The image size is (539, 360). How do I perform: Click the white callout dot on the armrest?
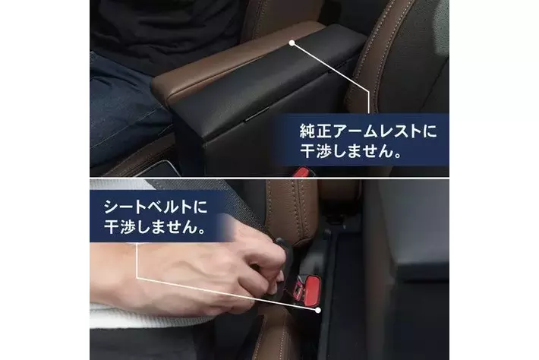pos(292,43)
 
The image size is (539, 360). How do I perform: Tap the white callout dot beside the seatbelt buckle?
pos(318,310)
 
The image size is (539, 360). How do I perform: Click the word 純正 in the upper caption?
pos(313,131)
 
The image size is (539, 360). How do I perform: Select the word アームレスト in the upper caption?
pos(374,131)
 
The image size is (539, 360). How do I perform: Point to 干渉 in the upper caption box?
pos(312,150)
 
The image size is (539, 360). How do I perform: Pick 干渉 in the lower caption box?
pos(117,226)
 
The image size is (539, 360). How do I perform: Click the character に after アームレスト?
pos(430,131)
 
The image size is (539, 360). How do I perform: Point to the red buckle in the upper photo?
pos(301,172)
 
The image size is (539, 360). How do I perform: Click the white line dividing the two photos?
pos(269,178)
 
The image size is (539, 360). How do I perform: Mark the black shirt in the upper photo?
pos(165,31)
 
